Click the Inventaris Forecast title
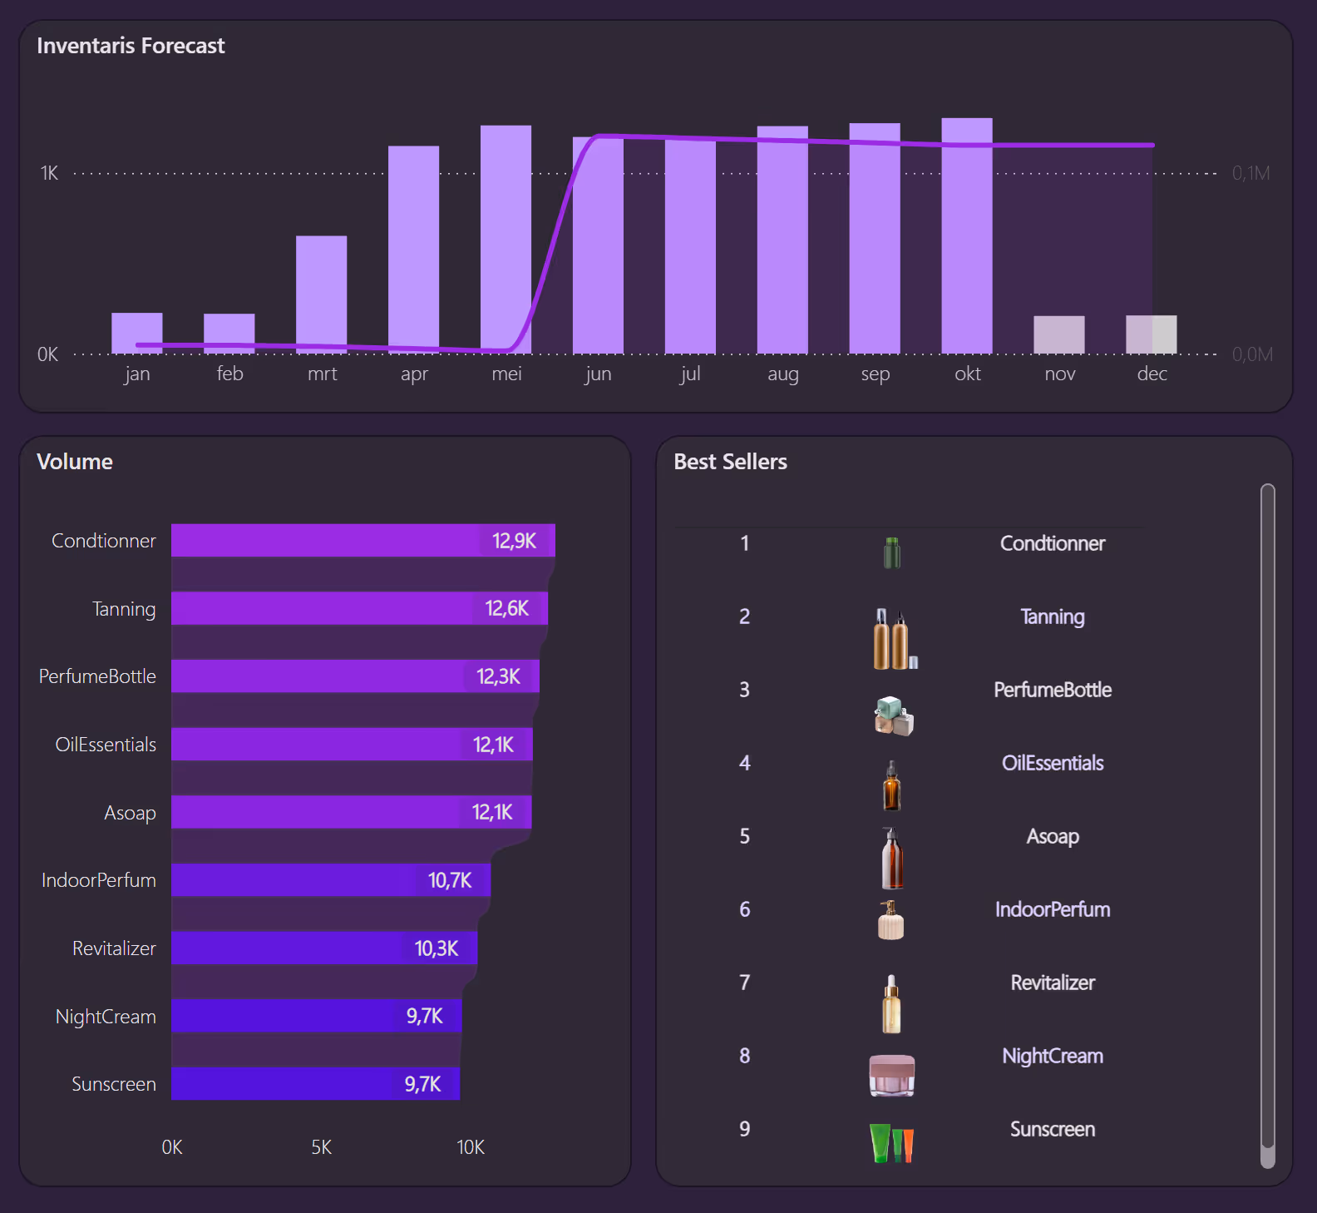[x=131, y=46]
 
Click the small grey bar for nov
[x=1058, y=334]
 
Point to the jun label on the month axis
[x=598, y=374]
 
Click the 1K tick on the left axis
[x=49, y=173]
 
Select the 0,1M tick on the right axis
[x=1250, y=173]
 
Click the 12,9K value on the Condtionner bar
[x=514, y=541]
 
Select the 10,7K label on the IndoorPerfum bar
[x=449, y=880]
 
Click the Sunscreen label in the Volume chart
[x=114, y=1084]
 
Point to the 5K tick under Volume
[x=321, y=1147]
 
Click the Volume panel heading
[x=75, y=462]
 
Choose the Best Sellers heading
[x=730, y=462]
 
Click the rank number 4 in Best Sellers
[x=744, y=763]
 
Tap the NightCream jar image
[x=891, y=1075]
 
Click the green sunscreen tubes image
[x=891, y=1143]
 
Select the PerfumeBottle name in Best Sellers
[x=1052, y=690]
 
